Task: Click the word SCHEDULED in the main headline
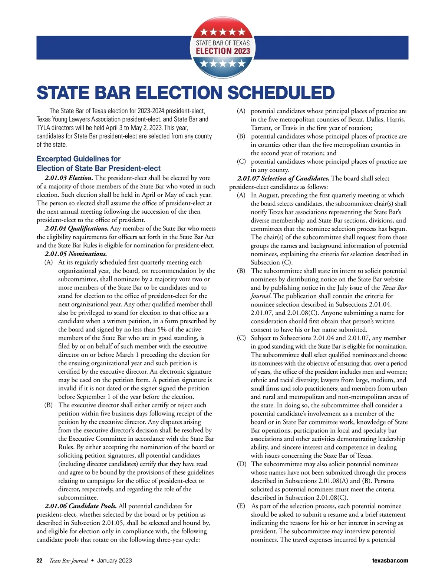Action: point(281,93)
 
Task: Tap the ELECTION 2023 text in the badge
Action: point(223,51)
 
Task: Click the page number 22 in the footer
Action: point(39,560)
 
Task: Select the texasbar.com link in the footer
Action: point(390,560)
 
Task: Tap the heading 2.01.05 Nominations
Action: point(76,254)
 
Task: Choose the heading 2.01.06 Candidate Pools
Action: point(80,506)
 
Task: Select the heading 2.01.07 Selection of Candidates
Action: point(283,179)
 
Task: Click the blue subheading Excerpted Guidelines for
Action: point(79,159)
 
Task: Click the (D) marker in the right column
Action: point(241,464)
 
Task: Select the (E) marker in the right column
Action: point(241,506)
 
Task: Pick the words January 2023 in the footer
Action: point(114,560)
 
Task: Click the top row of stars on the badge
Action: point(222,32)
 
